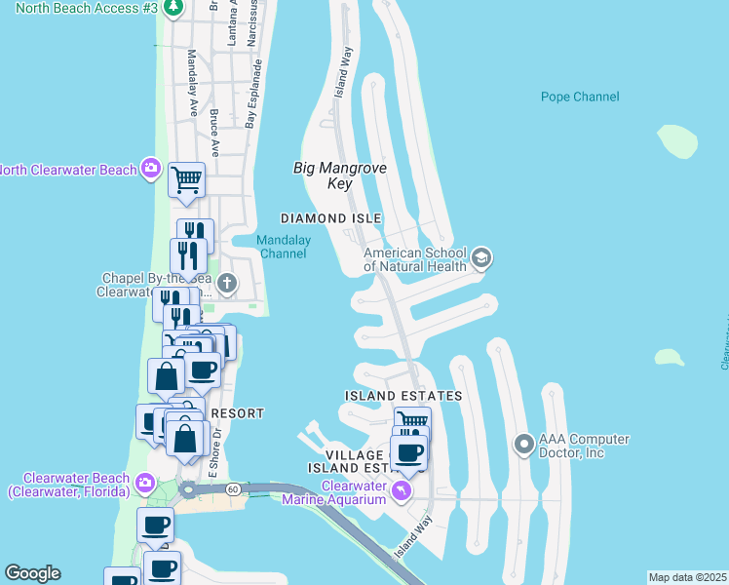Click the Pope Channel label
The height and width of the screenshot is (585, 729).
(580, 97)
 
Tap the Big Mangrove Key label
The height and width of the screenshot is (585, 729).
(340, 175)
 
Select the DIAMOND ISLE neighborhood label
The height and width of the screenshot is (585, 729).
(330, 218)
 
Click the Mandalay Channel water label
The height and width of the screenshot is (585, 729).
(283, 248)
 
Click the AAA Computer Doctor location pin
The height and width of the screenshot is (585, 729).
(524, 446)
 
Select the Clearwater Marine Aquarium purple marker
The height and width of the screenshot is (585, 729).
(401, 487)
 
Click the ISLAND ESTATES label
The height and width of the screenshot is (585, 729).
(403, 396)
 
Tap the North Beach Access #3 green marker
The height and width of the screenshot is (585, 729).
(173, 8)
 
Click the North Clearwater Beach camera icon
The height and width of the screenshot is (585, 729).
(150, 170)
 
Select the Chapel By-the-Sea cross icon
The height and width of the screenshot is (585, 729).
(227, 284)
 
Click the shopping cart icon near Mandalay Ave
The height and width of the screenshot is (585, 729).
(186, 179)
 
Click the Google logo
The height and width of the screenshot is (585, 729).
(32, 573)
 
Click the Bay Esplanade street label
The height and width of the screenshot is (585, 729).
(254, 96)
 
